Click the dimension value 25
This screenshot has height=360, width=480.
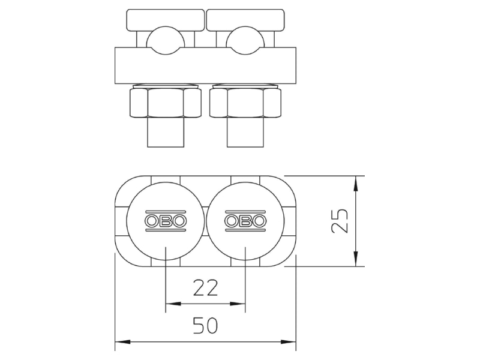point(340,221)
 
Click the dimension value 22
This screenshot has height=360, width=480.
point(205,288)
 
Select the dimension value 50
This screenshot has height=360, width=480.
point(205,325)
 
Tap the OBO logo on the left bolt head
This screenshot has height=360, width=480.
point(166,221)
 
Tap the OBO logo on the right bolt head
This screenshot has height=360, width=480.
point(245,221)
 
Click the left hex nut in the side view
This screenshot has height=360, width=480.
point(166,103)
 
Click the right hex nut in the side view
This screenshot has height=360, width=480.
point(245,103)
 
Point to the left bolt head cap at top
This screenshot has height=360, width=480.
point(166,20)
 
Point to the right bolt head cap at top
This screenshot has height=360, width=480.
point(245,20)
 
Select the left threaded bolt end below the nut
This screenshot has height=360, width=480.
point(166,132)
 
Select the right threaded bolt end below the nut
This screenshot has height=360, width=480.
point(245,132)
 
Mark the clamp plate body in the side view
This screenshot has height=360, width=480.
point(205,65)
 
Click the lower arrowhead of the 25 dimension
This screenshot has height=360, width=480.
point(355,259)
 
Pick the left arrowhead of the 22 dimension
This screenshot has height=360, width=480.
point(173,304)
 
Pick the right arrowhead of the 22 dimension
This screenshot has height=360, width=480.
point(238,304)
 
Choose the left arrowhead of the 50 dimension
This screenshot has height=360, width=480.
point(122,341)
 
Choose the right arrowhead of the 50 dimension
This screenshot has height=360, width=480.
point(289,341)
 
